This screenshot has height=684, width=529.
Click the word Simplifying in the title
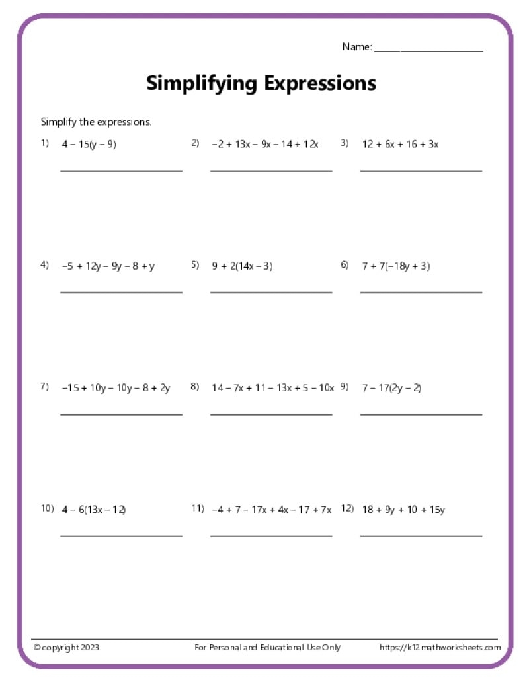(201, 84)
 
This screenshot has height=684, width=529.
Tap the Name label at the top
(356, 47)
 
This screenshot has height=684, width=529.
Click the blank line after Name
(428, 50)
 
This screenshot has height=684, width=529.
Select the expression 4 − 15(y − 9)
(89, 144)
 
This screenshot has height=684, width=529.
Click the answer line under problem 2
(271, 171)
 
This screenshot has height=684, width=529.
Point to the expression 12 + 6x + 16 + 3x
(400, 144)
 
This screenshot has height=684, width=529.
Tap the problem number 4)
(45, 265)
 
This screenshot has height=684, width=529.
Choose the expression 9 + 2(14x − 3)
(242, 266)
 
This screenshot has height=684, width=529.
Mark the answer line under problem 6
(421, 292)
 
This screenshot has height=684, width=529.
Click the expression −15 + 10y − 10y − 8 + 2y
(116, 388)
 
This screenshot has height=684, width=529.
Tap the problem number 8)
(195, 387)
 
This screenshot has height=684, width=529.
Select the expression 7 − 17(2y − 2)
(391, 388)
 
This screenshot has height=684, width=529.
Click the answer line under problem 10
(121, 536)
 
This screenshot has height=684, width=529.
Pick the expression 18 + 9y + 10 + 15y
(403, 510)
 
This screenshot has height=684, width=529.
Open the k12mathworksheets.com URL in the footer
(440, 648)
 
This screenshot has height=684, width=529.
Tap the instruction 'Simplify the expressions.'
(97, 122)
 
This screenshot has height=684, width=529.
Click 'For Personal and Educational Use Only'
(268, 648)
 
